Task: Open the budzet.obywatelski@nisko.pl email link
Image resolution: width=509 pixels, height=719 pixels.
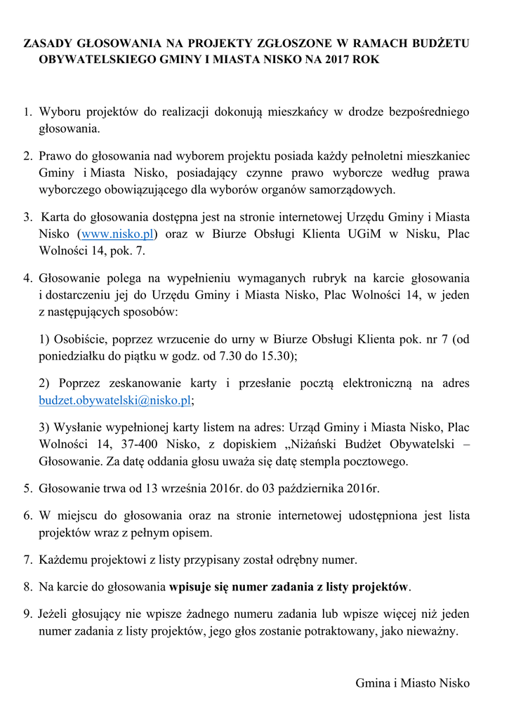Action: (114, 400)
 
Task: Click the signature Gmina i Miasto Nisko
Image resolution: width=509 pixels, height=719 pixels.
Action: (412, 683)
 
